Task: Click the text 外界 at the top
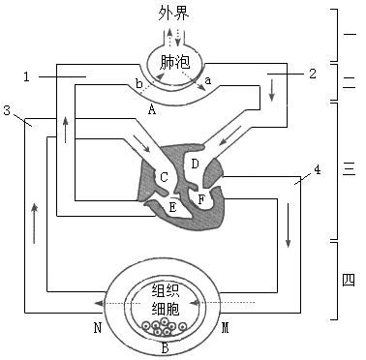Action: [x=177, y=15]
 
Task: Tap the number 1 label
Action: [x=28, y=75]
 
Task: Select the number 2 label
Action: [x=312, y=74]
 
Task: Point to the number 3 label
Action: [x=8, y=111]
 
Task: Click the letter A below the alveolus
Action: [x=151, y=109]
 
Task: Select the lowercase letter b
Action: [x=140, y=85]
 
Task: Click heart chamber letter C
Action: [x=164, y=177]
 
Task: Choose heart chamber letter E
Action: [x=172, y=206]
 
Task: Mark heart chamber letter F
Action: [x=200, y=200]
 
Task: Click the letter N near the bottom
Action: [x=98, y=327]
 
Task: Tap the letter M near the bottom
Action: [x=226, y=327]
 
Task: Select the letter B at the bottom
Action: [x=166, y=347]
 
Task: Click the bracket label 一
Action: [x=350, y=32]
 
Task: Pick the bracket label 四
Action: [x=350, y=281]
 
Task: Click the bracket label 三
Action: [x=350, y=170]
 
